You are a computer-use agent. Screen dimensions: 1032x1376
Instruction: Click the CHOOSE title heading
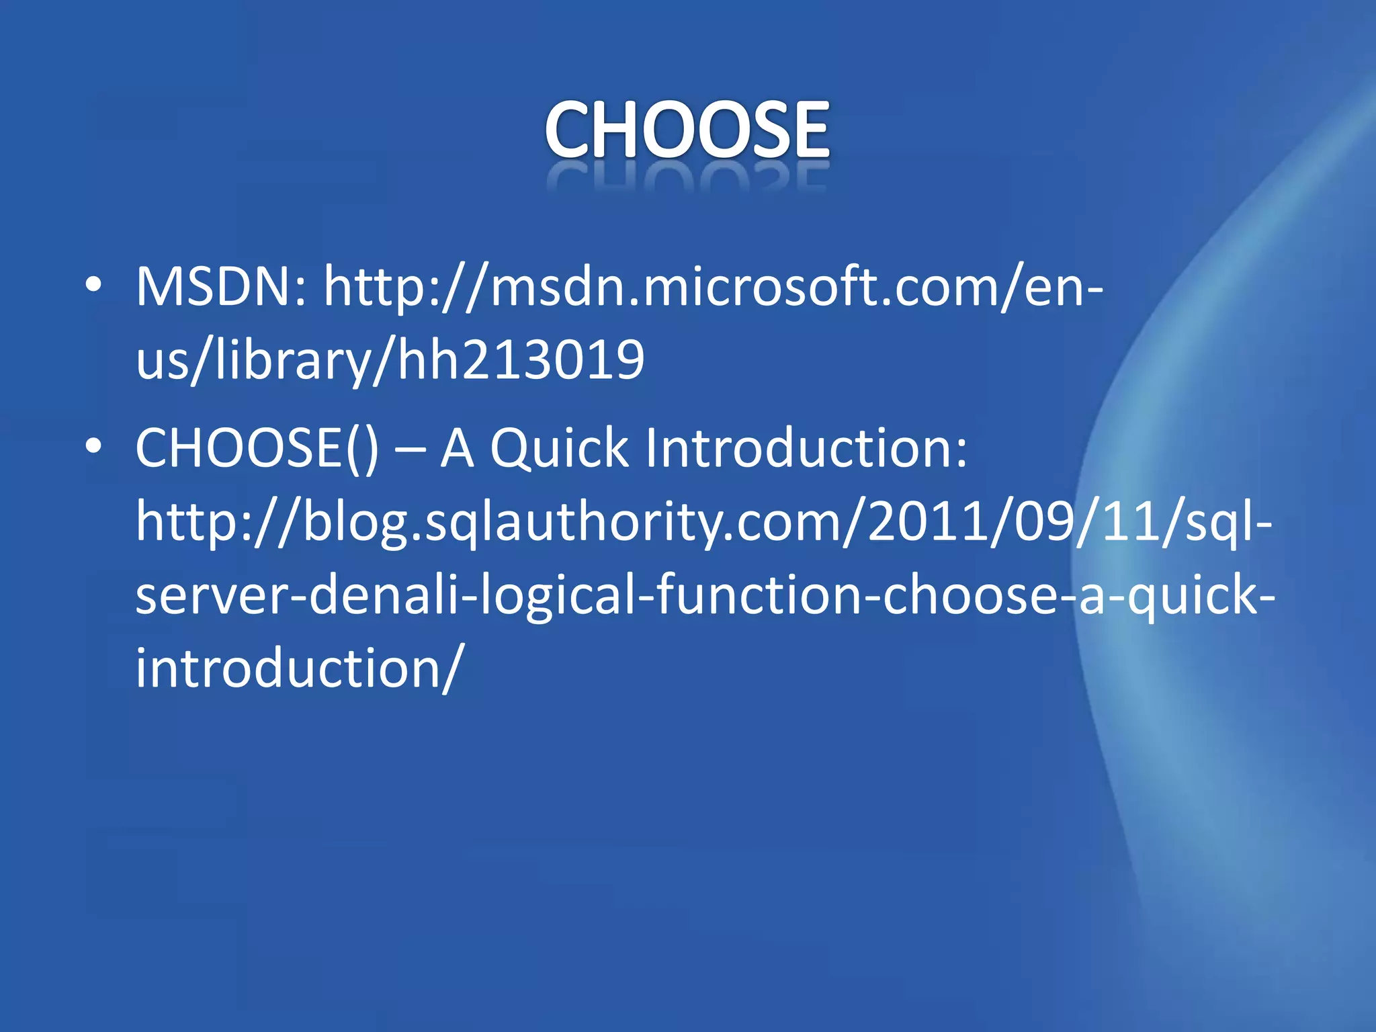[x=687, y=129]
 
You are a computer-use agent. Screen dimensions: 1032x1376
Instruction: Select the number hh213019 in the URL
[x=521, y=359]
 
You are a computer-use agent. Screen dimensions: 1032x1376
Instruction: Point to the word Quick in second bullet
[x=559, y=449]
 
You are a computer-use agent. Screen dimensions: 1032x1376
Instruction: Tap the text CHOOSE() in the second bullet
[x=257, y=449]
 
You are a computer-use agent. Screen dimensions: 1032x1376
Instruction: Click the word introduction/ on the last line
[x=299, y=669]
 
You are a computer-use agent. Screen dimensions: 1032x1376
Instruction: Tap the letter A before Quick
[x=458, y=449]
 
